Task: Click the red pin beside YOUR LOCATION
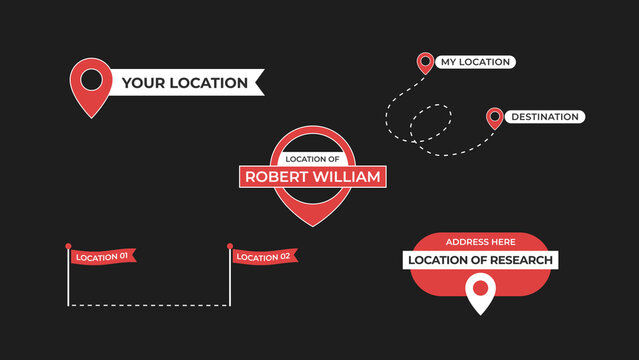(x=90, y=82)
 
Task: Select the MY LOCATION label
(x=475, y=62)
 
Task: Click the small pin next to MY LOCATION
(x=425, y=63)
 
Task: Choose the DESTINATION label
(x=544, y=117)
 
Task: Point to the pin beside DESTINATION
(x=494, y=118)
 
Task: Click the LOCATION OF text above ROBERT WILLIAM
(x=313, y=159)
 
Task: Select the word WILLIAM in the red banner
(x=346, y=177)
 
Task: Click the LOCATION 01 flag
(x=102, y=257)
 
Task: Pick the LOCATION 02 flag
(x=264, y=257)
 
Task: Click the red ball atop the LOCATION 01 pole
(x=68, y=246)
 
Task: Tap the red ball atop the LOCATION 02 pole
(x=230, y=246)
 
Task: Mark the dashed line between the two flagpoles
(x=149, y=304)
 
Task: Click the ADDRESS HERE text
(x=480, y=242)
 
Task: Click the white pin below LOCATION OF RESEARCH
(x=481, y=293)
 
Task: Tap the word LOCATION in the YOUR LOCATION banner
(x=207, y=83)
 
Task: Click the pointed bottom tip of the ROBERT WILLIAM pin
(x=313, y=224)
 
